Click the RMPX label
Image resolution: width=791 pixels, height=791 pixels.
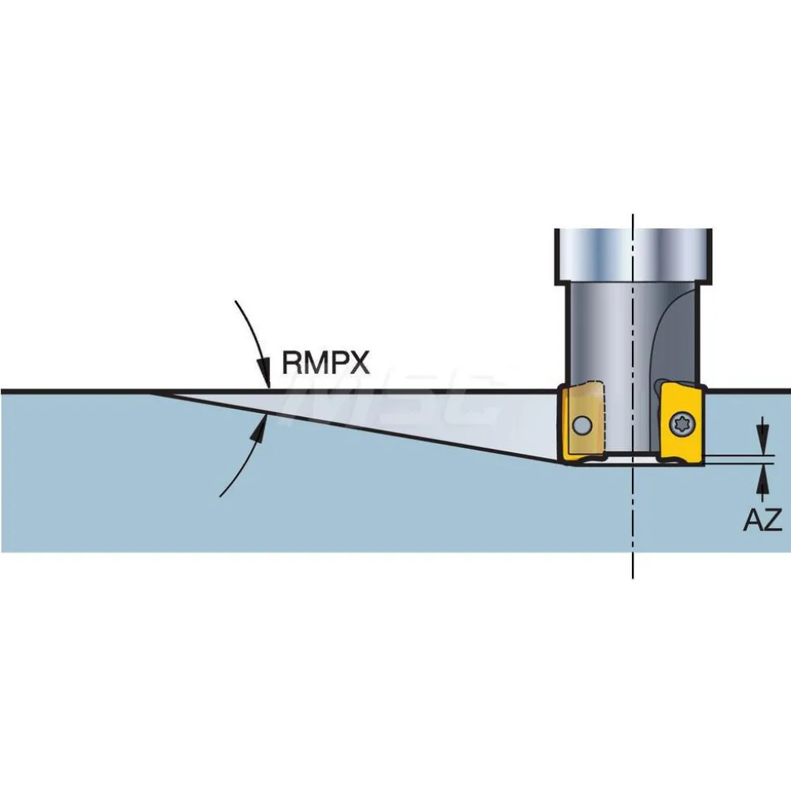(x=325, y=363)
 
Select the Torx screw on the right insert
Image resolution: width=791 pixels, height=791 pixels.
(x=682, y=424)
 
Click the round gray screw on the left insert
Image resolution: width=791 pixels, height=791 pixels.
(x=582, y=425)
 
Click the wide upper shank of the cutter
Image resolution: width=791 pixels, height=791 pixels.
(x=634, y=255)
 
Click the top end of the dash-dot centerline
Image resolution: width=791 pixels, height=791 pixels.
(x=633, y=214)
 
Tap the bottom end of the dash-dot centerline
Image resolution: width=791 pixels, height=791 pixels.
(x=633, y=578)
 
